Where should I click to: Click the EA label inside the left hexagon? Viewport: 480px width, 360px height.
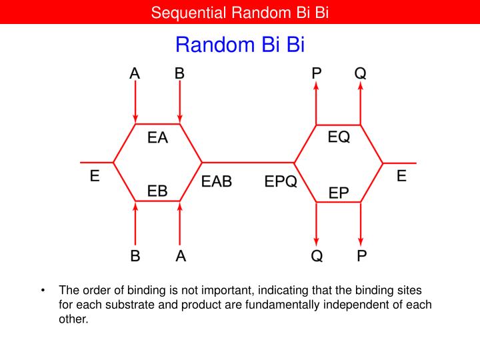pyautogui.click(x=157, y=138)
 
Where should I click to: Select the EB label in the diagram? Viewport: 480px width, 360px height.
pyautogui.click(x=157, y=191)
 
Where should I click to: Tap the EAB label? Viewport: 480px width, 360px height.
pyautogui.click(x=217, y=181)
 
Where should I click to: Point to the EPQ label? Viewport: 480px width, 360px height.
pyautogui.click(x=281, y=181)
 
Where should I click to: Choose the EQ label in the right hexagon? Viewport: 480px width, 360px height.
pyautogui.click(x=339, y=137)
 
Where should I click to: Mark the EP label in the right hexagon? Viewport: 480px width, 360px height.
pyautogui.click(x=339, y=193)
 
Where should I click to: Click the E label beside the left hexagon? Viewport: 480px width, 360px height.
pyautogui.click(x=95, y=177)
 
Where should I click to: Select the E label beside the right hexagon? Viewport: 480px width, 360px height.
pyautogui.click(x=401, y=177)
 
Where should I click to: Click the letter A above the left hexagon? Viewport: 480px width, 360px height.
pyautogui.click(x=135, y=73)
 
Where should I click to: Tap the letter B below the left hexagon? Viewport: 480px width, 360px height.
pyautogui.click(x=135, y=256)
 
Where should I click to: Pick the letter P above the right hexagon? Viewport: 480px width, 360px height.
pyautogui.click(x=317, y=73)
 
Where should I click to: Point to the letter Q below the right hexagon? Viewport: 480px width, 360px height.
pyautogui.click(x=317, y=256)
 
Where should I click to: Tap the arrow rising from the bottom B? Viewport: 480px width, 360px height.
pyautogui.click(x=135, y=223)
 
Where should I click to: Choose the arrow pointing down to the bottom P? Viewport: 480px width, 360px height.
pyautogui.click(x=361, y=223)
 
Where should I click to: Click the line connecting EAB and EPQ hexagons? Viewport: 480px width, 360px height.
pyautogui.click(x=247, y=162)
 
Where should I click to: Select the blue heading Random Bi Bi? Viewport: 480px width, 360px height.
pyautogui.click(x=239, y=45)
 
